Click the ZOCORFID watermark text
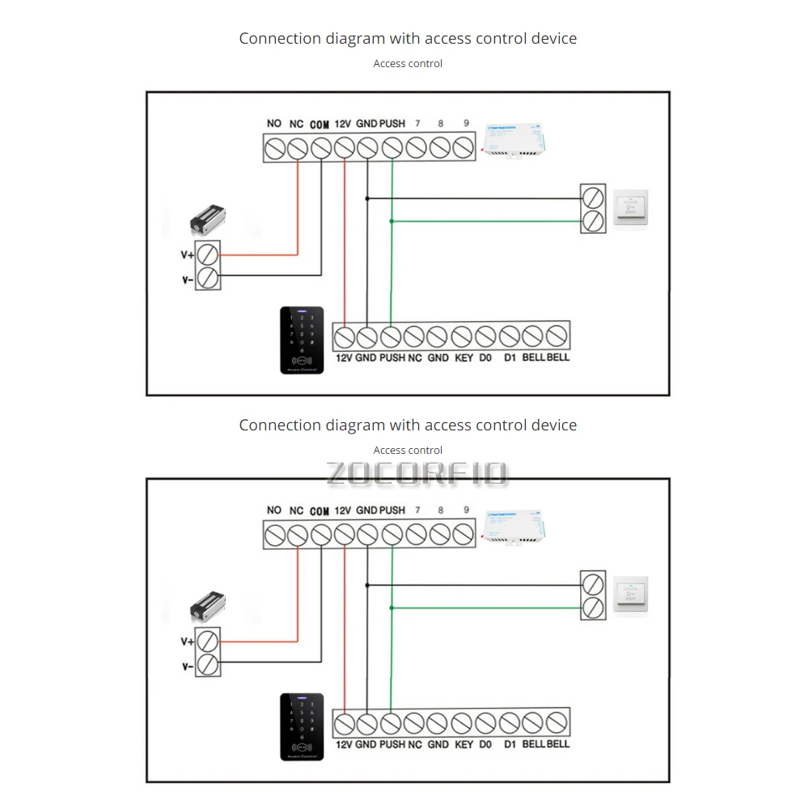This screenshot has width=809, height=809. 417,473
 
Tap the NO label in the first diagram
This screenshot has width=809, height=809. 273,124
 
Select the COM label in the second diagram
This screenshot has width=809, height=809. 320,511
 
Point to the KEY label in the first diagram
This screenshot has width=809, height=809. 464,358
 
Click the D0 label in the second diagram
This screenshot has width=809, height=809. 485,744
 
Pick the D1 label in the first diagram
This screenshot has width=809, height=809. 510,358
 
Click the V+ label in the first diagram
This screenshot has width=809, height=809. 187,255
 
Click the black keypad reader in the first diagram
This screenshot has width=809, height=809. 302,340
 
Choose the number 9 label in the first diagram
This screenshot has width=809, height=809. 466,124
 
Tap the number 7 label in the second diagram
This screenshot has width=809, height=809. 417,510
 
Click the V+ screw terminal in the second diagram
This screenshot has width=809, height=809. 209,642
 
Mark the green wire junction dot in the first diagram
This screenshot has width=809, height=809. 392,221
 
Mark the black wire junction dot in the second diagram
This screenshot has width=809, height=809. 367,582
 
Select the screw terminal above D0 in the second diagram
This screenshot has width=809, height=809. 485,721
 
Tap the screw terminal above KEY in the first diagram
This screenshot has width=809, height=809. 462,334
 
